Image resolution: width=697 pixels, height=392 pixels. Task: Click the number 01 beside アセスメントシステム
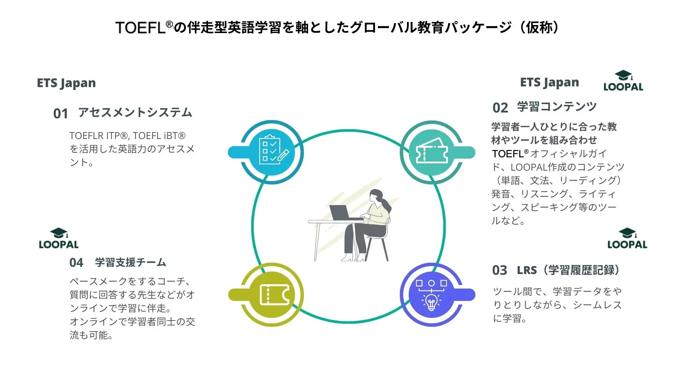click(61, 114)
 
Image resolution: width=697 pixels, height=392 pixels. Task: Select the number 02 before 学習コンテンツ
click(500, 108)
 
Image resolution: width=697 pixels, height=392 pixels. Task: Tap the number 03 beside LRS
click(500, 270)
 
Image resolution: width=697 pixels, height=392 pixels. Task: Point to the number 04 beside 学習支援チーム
click(76, 262)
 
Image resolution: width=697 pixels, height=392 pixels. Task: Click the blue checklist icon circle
click(273, 152)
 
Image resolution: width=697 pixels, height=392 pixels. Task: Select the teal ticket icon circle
click(431, 152)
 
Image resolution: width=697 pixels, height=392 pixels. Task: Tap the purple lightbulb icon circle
click(431, 294)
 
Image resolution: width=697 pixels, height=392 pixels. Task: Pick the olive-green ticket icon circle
click(273, 294)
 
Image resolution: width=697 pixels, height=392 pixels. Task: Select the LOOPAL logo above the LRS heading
click(627, 239)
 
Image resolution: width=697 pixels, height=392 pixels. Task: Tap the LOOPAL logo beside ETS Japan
click(623, 81)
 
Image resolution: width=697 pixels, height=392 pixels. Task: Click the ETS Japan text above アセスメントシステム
click(66, 83)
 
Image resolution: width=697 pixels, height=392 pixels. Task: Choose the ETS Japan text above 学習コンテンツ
click(549, 82)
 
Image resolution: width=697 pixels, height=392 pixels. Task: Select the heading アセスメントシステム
click(135, 113)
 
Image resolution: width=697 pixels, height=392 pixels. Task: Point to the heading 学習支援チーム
click(131, 262)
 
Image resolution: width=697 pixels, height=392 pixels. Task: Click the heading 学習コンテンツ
click(557, 107)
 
